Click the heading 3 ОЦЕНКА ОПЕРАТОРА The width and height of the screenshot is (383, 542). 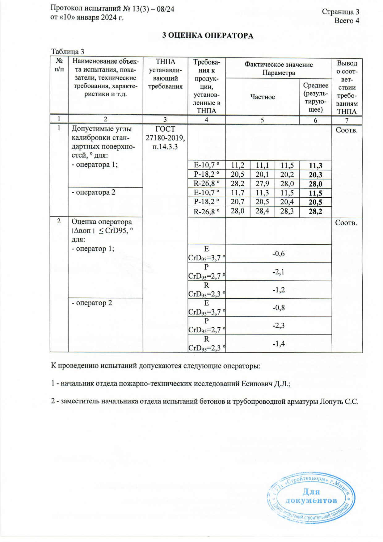[208, 36]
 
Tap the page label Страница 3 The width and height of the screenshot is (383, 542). [340, 12]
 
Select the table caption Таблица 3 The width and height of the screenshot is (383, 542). [68, 51]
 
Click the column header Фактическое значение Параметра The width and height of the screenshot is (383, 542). [279, 69]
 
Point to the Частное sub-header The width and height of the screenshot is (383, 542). [263, 97]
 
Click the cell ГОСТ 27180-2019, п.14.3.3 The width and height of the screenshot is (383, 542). [165, 138]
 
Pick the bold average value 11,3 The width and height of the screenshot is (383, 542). [315, 166]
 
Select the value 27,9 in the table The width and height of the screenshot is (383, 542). [262, 184]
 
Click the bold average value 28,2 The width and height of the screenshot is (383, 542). [315, 212]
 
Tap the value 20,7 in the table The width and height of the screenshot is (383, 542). [238, 202]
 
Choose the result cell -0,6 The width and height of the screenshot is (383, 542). [278, 254]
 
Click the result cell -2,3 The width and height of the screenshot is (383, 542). [278, 326]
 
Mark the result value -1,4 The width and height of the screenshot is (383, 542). [278, 344]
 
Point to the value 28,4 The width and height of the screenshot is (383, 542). [262, 211]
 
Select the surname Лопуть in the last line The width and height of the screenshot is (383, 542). [330, 401]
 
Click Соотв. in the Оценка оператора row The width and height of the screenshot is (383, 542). [347, 223]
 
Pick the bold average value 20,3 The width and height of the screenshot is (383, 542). [315, 175]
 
